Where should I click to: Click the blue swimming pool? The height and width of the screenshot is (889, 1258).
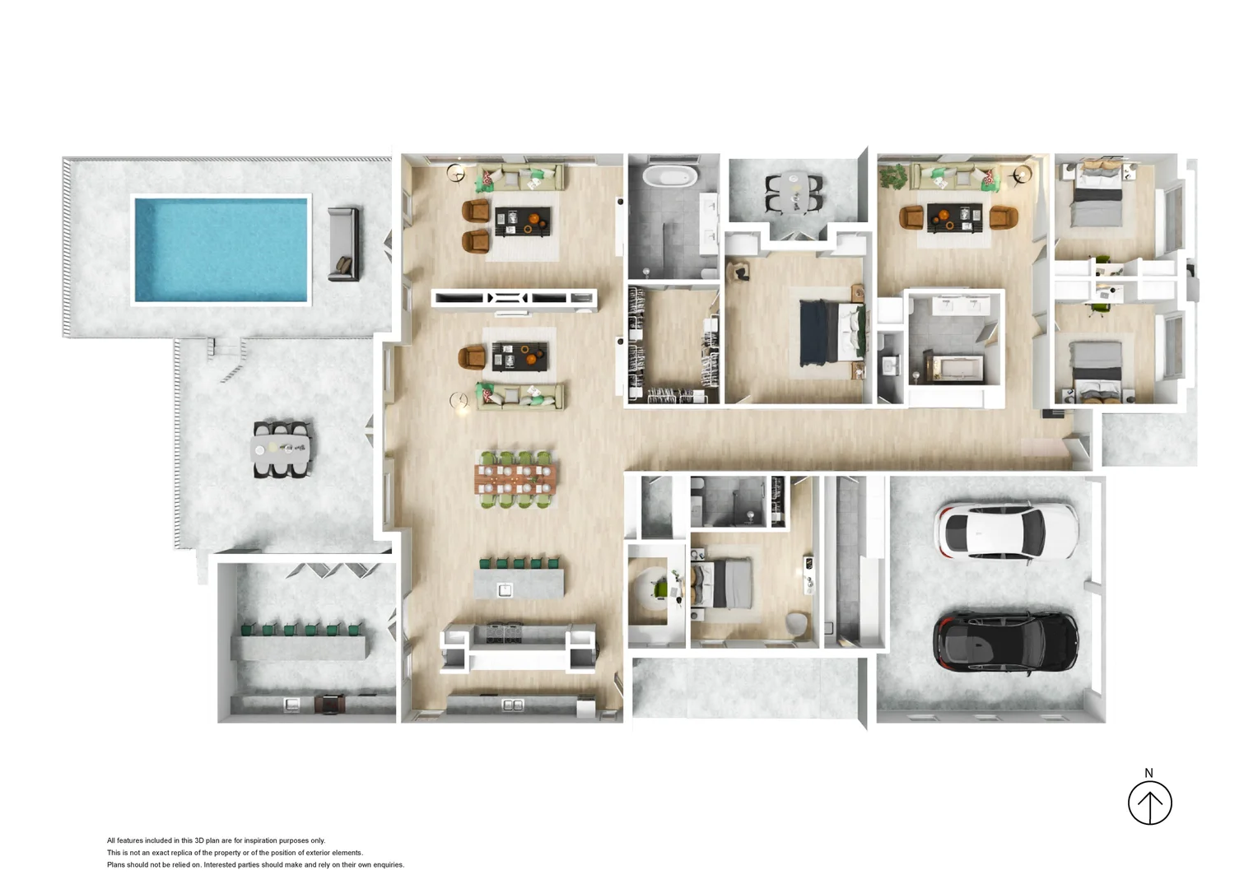click(x=221, y=249)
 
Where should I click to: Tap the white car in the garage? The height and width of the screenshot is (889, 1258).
click(x=1006, y=533)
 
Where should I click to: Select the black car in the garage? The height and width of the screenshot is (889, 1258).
click(x=1005, y=642)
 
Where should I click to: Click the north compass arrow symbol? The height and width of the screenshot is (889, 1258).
click(x=1149, y=803)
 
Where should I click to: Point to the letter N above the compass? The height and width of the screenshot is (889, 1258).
click(x=1149, y=773)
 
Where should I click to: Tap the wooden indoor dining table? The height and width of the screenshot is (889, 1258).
click(x=515, y=477)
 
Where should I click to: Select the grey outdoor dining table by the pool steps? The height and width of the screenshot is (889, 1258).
click(x=282, y=449)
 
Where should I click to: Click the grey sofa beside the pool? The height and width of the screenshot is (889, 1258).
click(x=343, y=244)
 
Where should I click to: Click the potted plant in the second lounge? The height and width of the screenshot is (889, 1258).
click(x=892, y=175)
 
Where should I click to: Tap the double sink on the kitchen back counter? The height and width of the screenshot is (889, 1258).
click(x=512, y=705)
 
